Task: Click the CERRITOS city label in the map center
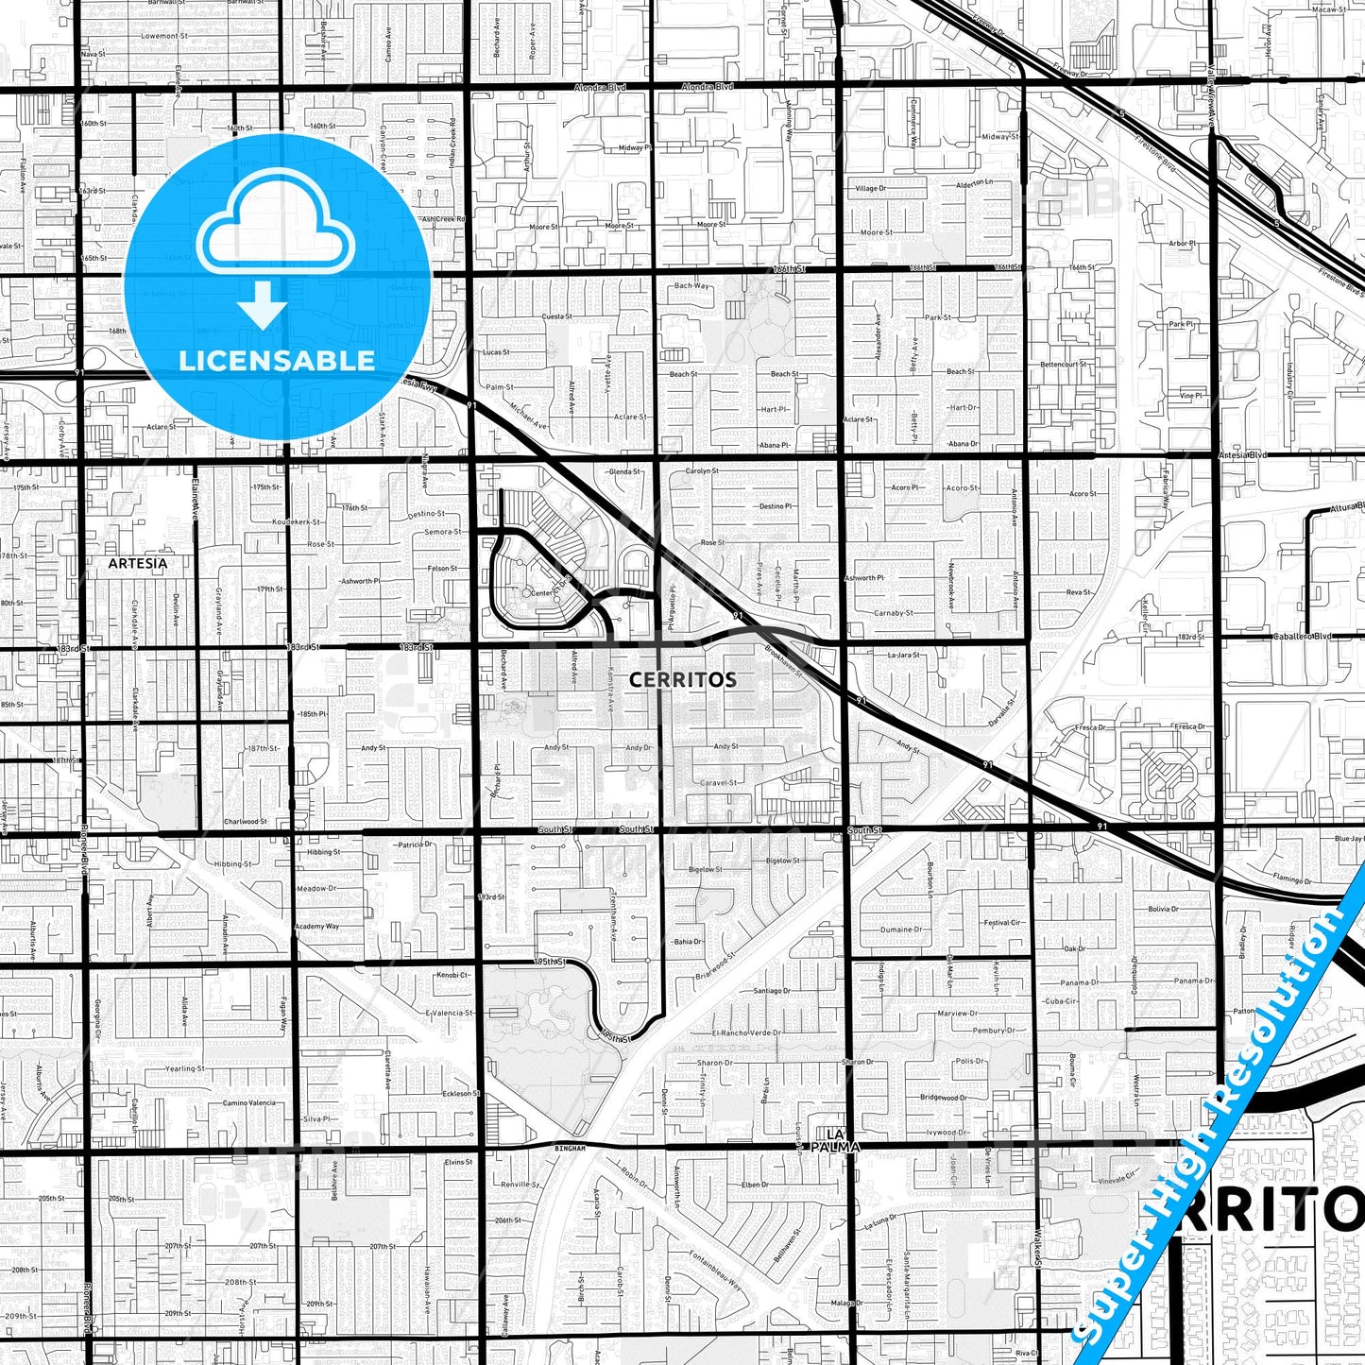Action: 682,679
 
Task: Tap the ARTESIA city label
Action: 137,563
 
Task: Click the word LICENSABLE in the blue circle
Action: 277,360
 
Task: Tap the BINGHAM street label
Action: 571,1148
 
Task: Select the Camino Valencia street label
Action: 249,1102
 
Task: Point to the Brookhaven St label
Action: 783,660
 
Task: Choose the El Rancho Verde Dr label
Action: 746,1032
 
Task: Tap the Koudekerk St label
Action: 296,521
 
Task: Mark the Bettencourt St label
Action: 1063,364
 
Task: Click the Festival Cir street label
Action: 1002,923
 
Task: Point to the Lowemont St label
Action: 163,36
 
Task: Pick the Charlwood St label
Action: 245,822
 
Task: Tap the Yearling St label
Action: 184,1068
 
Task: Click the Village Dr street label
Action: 870,189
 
